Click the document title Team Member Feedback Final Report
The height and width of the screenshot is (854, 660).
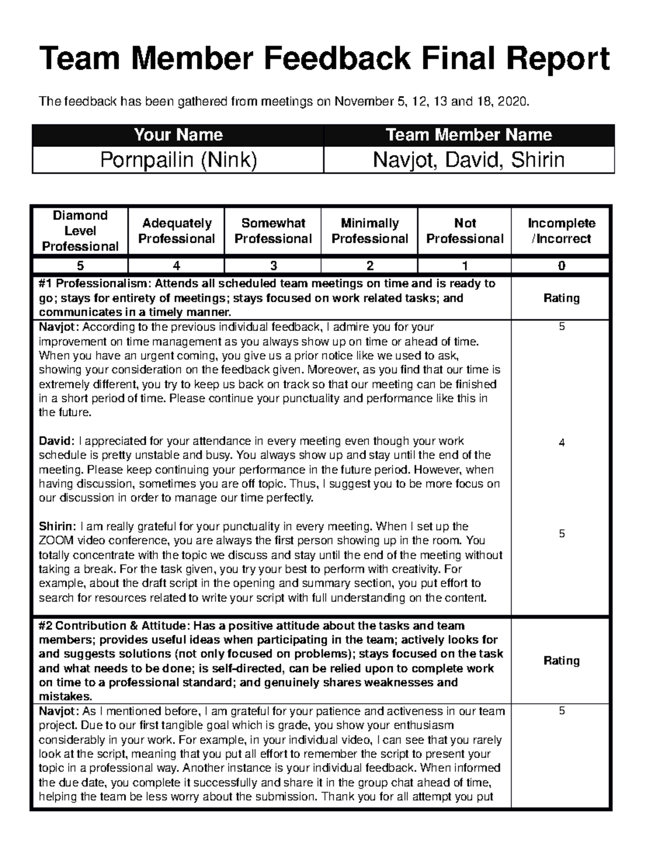[x=324, y=59]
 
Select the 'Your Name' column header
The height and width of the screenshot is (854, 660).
[x=178, y=135]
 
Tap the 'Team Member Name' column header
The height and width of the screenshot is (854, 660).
[x=469, y=135]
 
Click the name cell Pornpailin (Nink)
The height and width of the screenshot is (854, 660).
[x=178, y=160]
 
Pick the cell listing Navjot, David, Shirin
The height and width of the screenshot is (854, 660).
[x=469, y=160]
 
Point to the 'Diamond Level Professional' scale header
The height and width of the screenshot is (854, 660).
[x=80, y=231]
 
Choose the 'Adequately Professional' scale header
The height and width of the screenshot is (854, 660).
[x=177, y=231]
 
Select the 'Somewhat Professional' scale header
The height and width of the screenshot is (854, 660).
[x=273, y=231]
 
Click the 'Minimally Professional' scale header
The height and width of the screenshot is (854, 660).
[x=370, y=231]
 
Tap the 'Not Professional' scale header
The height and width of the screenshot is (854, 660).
[x=465, y=231]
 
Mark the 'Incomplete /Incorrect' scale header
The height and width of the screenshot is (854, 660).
[x=561, y=231]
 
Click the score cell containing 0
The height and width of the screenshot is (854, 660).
[x=561, y=266]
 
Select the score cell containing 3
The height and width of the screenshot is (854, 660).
[x=273, y=266]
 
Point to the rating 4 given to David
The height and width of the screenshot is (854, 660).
[x=562, y=443]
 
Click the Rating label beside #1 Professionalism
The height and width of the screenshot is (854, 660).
[x=562, y=298]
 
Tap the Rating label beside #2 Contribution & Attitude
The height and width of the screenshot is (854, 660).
[x=562, y=660]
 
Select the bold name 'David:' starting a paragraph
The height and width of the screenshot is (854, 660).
[x=56, y=441]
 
